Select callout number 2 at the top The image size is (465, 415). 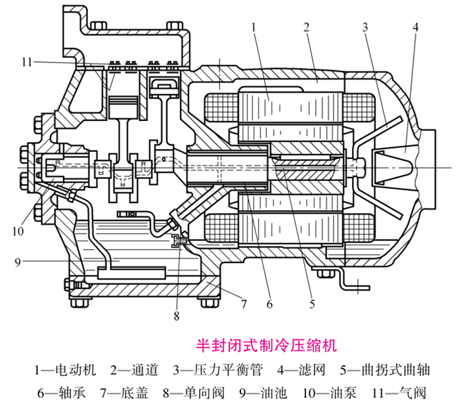(x=306, y=27)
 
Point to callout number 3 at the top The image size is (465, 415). (x=364, y=27)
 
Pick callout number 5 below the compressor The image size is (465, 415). (x=313, y=304)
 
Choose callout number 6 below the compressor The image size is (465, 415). (x=269, y=304)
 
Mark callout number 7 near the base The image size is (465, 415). (x=243, y=304)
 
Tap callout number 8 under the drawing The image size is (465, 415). (x=176, y=316)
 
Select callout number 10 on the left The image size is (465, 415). (x=19, y=230)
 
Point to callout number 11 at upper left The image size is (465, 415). (x=26, y=62)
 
